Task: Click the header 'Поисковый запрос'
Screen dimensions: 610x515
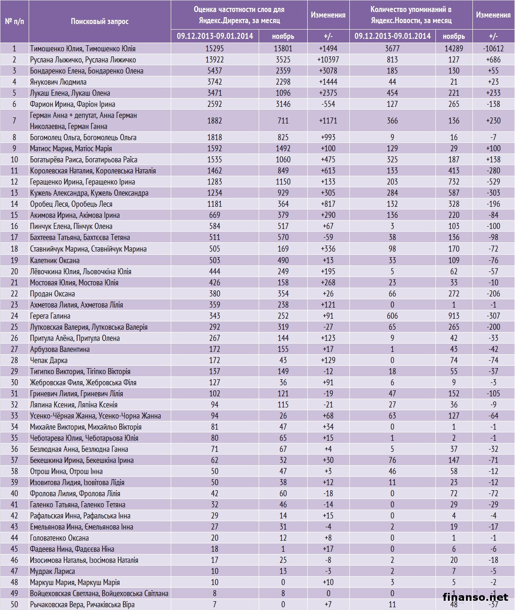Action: (99, 21)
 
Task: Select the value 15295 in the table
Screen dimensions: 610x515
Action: (215, 49)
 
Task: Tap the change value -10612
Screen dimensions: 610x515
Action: (493, 49)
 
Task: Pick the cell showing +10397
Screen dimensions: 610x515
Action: (328, 60)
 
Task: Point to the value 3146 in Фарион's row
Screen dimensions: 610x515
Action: (283, 104)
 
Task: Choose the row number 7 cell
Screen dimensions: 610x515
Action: (14, 121)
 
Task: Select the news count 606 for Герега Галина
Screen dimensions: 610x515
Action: (392, 316)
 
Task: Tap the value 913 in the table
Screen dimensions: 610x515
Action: (453, 316)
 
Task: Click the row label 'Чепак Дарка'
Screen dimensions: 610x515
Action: (49, 360)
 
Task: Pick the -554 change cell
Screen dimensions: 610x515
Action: (328, 104)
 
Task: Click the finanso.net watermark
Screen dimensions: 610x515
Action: (475, 597)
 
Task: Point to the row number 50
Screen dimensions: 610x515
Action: (14, 604)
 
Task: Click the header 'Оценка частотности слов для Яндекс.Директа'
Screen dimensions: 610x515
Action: (239, 15)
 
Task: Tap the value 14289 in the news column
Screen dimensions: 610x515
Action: (453, 49)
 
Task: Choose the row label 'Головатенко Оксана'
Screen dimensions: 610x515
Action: (59, 538)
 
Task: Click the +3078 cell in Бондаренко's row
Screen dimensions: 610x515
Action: (328, 71)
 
